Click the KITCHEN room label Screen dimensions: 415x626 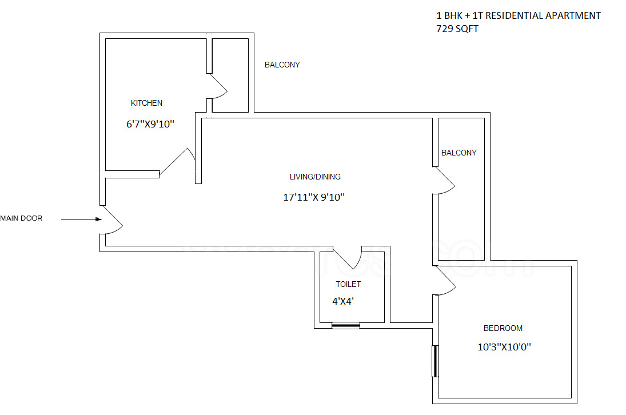click(x=146, y=103)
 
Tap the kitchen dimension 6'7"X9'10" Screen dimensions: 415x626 click(x=150, y=123)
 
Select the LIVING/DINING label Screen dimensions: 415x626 click(x=315, y=177)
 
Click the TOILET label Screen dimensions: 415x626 click(x=348, y=284)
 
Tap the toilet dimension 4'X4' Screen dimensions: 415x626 click(x=344, y=301)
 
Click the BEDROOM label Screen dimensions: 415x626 click(x=503, y=328)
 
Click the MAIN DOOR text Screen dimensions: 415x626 click(x=21, y=218)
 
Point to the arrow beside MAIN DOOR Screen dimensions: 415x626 click(x=81, y=219)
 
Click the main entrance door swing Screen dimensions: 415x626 click(x=113, y=220)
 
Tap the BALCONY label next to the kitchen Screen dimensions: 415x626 click(x=282, y=65)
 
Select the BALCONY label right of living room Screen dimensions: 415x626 click(x=458, y=153)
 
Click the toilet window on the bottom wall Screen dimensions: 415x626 click(x=346, y=326)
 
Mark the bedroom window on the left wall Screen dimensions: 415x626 click(x=435, y=361)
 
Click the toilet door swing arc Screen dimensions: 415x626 click(x=350, y=258)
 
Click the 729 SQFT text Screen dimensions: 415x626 click(x=457, y=29)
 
